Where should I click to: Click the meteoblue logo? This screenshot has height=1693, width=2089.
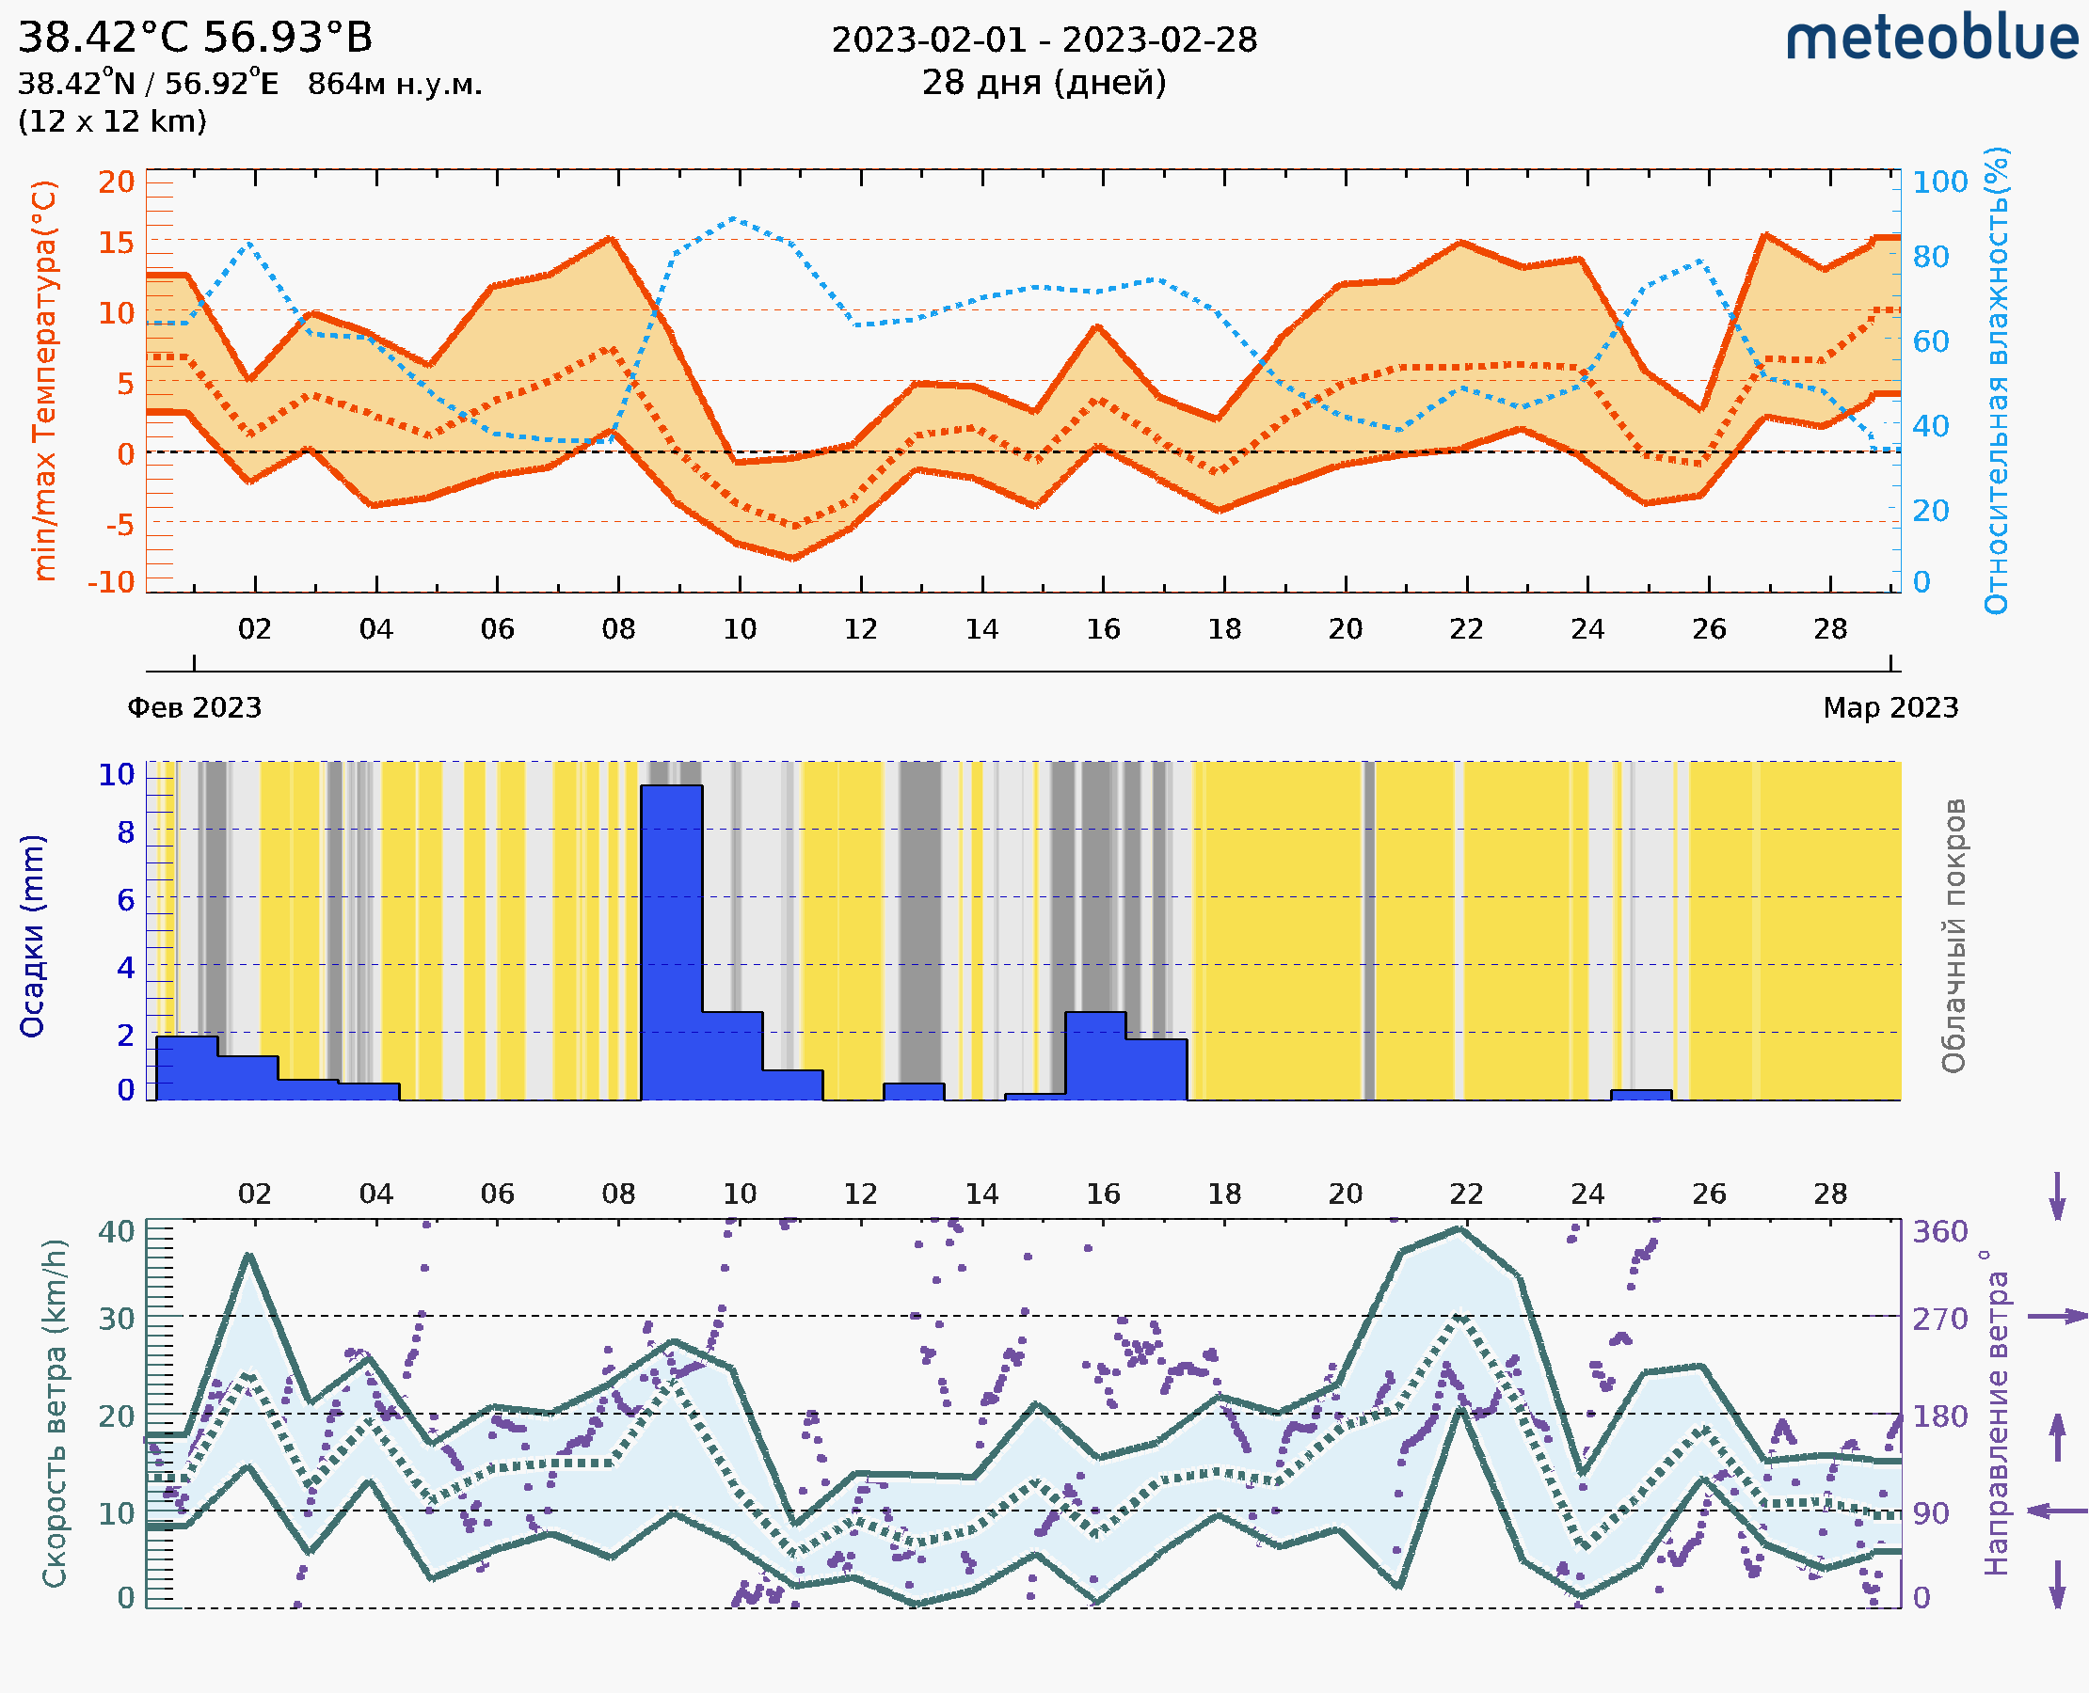click(1931, 39)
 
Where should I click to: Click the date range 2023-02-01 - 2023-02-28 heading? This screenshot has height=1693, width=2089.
click(1044, 40)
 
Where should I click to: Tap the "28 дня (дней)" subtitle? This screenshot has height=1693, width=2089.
click(1044, 83)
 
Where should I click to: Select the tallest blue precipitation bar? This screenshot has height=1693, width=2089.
click(671, 941)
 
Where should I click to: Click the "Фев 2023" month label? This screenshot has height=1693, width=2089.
click(195, 707)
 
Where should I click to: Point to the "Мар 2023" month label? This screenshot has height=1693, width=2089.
click(1890, 707)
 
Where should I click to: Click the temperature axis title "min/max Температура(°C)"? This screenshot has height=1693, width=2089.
click(45, 380)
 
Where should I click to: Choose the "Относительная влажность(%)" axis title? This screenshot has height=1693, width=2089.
click(1996, 380)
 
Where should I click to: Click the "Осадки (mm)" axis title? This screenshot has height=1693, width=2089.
click(32, 935)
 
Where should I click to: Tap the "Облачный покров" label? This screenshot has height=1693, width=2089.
click(1953, 935)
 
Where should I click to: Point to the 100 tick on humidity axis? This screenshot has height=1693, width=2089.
click(1939, 182)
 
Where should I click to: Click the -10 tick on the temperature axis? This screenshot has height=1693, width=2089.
click(111, 582)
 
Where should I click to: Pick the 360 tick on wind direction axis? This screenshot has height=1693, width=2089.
click(1939, 1232)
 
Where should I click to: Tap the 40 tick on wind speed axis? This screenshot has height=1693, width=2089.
click(116, 1232)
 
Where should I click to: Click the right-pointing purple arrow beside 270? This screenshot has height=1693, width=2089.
click(2057, 1317)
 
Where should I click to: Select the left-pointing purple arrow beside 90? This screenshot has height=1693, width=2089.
click(2057, 1511)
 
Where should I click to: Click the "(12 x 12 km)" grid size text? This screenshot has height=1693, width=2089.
click(112, 122)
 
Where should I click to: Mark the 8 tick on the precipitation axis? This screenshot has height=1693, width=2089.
click(126, 831)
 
